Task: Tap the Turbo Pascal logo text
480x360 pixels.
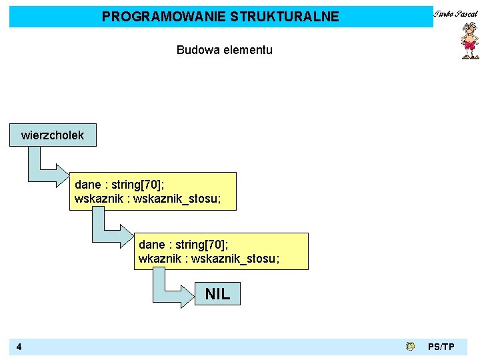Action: pyautogui.click(x=457, y=13)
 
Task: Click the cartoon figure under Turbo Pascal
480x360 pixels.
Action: pyautogui.click(x=469, y=42)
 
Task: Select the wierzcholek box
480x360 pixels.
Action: pyautogui.click(x=53, y=135)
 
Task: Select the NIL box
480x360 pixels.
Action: pyautogui.click(x=217, y=293)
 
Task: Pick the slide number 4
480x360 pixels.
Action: pyautogui.click(x=19, y=347)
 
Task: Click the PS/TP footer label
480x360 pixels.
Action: pyautogui.click(x=441, y=347)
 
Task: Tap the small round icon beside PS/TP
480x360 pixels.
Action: pyautogui.click(x=410, y=346)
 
